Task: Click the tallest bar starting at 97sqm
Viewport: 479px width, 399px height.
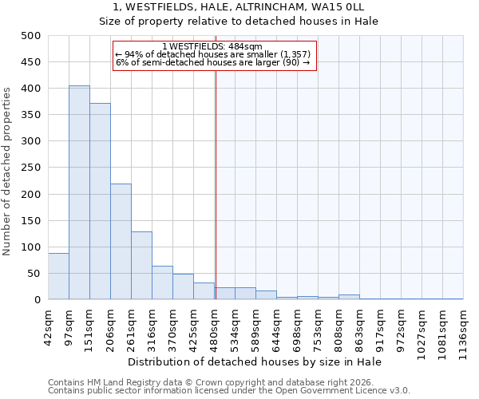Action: click(x=79, y=192)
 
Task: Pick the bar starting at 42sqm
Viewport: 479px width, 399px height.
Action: click(x=58, y=276)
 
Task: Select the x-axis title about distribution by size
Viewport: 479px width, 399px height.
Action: click(x=255, y=362)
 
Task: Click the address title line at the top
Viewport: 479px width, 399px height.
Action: click(x=239, y=6)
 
